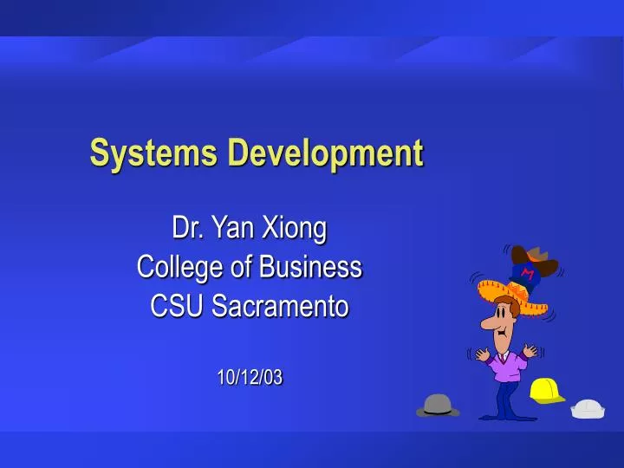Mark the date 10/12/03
(250, 377)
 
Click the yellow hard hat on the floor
(546, 391)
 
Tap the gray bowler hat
(438, 405)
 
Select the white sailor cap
(588, 408)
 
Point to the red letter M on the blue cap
(526, 275)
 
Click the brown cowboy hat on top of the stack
(530, 256)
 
